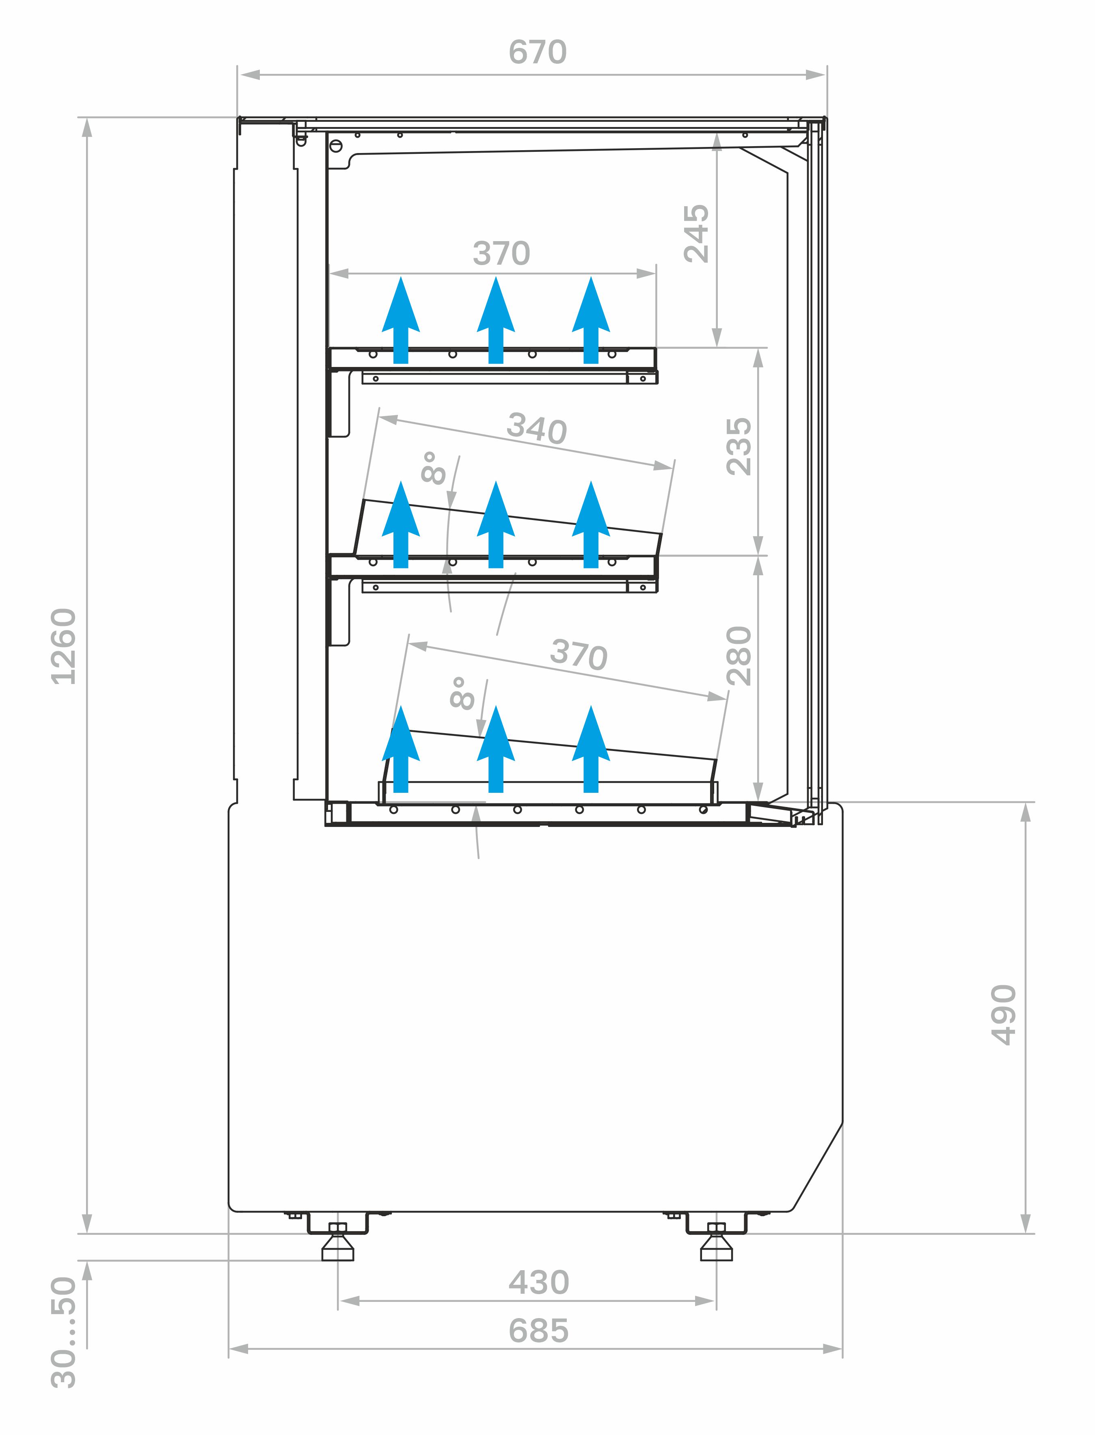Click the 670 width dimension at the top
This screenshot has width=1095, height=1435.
[x=537, y=52]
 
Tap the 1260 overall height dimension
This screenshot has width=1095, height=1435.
[x=64, y=647]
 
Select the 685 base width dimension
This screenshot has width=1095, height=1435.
[x=538, y=1331]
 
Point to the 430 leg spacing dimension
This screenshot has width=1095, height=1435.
[x=538, y=1282]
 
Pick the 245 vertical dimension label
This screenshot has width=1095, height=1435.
[x=696, y=233]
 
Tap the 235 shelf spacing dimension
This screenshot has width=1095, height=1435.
[x=739, y=447]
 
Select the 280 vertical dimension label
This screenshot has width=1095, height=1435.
[x=739, y=656]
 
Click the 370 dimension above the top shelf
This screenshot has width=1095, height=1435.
[x=501, y=253]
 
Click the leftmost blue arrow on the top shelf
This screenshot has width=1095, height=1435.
[x=401, y=320]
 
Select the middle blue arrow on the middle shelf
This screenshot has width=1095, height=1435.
[x=496, y=524]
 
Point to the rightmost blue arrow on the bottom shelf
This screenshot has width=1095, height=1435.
[x=591, y=749]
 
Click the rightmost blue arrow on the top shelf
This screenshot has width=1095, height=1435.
[x=591, y=320]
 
